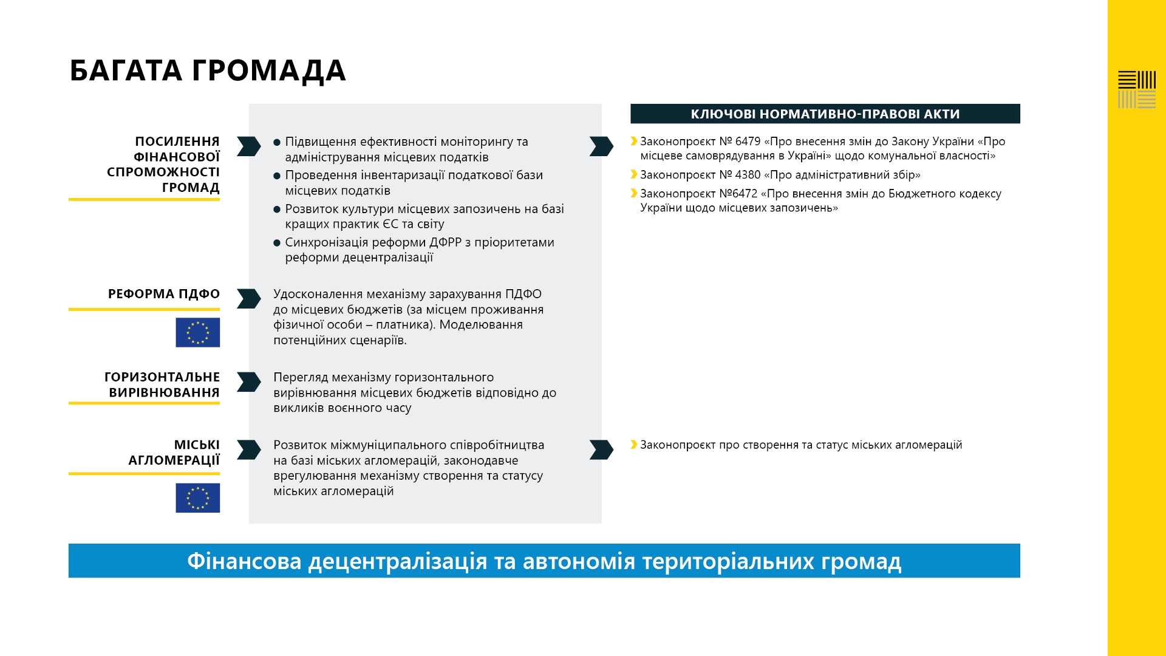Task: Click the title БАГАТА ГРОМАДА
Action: pyautogui.click(x=208, y=70)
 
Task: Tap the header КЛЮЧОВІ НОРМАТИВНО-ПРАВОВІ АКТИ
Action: pyautogui.click(x=825, y=114)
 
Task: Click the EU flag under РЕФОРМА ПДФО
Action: pyautogui.click(x=197, y=332)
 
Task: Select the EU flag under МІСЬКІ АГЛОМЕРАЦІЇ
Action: pyautogui.click(x=197, y=498)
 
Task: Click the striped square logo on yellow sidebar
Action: pyautogui.click(x=1136, y=90)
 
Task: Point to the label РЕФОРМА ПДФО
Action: pyautogui.click(x=163, y=294)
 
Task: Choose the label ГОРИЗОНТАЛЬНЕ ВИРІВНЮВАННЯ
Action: pyautogui.click(x=162, y=384)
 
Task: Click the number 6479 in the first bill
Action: pyautogui.click(x=748, y=142)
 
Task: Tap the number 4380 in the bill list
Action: pyautogui.click(x=748, y=175)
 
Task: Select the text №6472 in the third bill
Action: pyautogui.click(x=738, y=194)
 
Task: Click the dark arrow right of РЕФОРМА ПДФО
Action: pyautogui.click(x=248, y=299)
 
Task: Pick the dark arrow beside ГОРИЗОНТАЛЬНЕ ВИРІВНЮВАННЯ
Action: pyautogui.click(x=248, y=382)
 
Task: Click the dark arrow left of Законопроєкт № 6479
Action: pyautogui.click(x=601, y=146)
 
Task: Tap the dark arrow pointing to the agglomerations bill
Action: pyautogui.click(x=601, y=449)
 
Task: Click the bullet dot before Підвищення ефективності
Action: pyautogui.click(x=277, y=143)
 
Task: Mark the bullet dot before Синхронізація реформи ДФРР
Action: pyautogui.click(x=277, y=243)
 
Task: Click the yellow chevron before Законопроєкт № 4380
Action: pyautogui.click(x=634, y=175)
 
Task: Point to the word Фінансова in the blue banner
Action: pyautogui.click(x=244, y=561)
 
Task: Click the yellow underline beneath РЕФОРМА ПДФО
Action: pyautogui.click(x=144, y=309)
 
